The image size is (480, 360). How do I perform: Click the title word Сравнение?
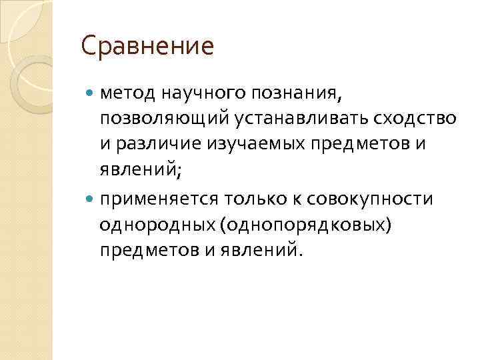[147, 47]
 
